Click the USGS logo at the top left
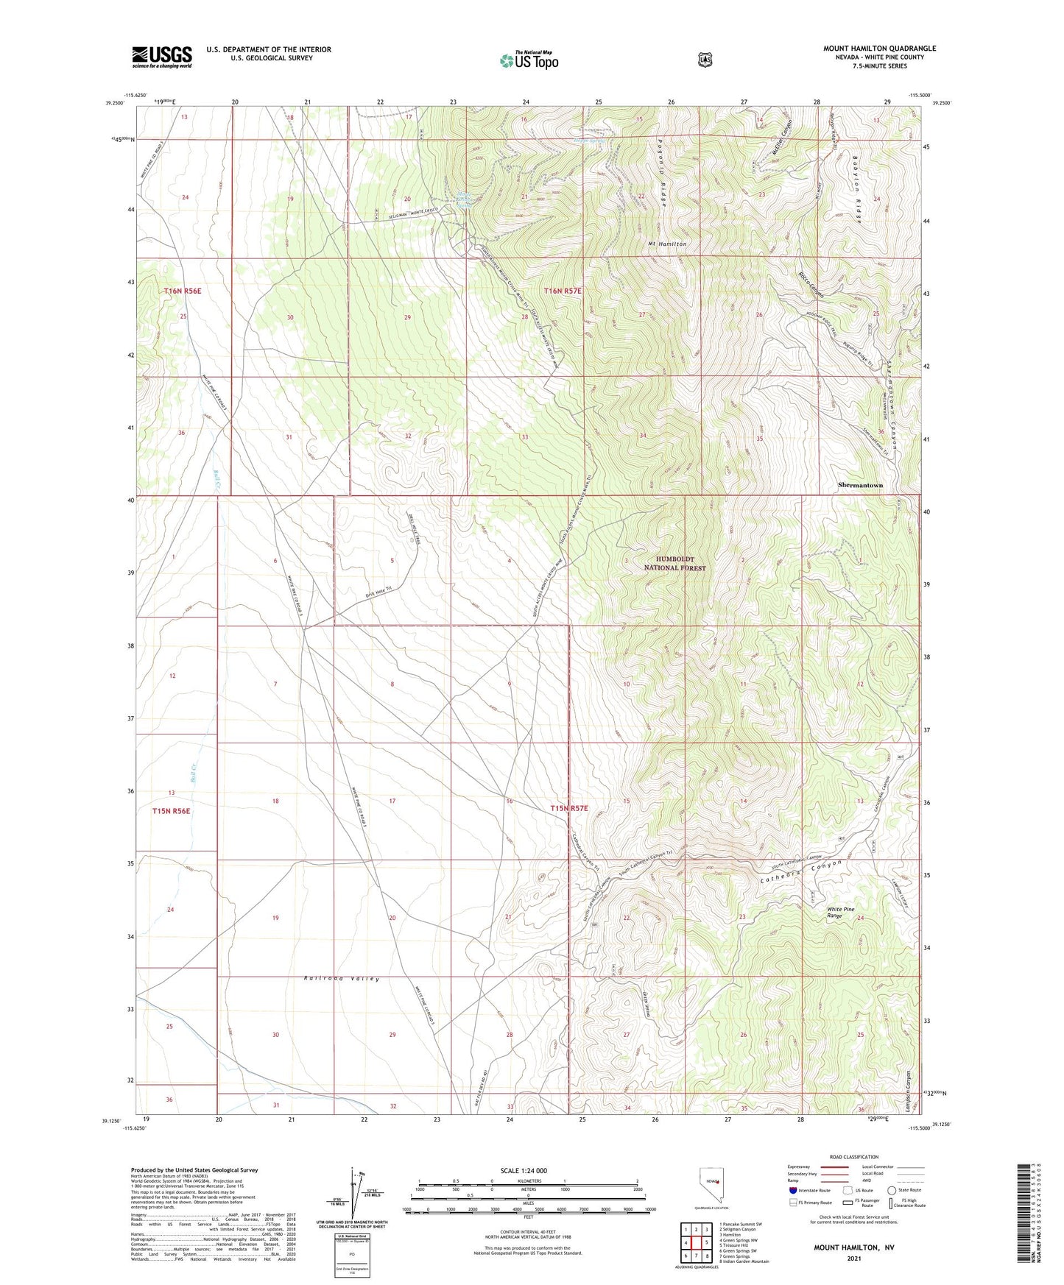pyautogui.click(x=162, y=57)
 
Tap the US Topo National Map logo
pyautogui.click(x=529, y=60)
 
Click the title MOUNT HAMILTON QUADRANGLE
pyautogui.click(x=879, y=49)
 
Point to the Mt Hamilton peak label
pyautogui.click(x=667, y=244)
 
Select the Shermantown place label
pyautogui.click(x=870, y=486)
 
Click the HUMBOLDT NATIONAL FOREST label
pyautogui.click(x=674, y=564)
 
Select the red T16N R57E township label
pyautogui.click(x=563, y=291)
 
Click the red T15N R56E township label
pyautogui.click(x=171, y=811)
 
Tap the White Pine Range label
pyautogui.click(x=840, y=913)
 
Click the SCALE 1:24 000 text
pyautogui.click(x=524, y=1171)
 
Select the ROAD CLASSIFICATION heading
pyautogui.click(x=853, y=1157)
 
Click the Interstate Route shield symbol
pyautogui.click(x=792, y=1190)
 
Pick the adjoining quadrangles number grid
pyautogui.click(x=696, y=1243)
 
